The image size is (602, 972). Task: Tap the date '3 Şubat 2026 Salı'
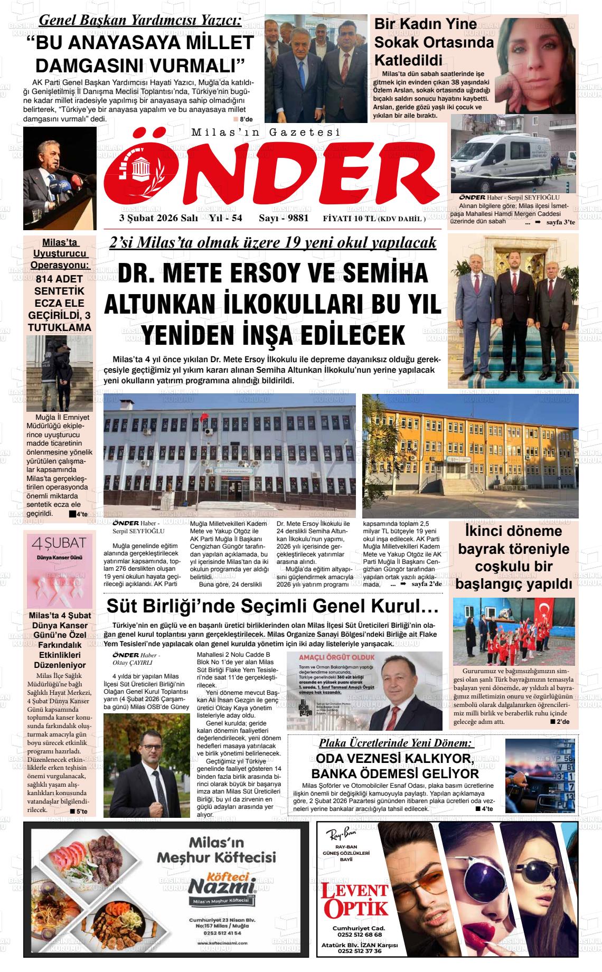[x=152, y=218]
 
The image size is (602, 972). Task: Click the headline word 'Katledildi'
[x=408, y=59]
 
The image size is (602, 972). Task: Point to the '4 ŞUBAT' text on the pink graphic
[x=59, y=544]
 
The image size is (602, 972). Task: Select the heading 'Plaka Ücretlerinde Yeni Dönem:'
[x=395, y=743]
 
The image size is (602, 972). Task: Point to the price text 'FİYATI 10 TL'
[x=349, y=219]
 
